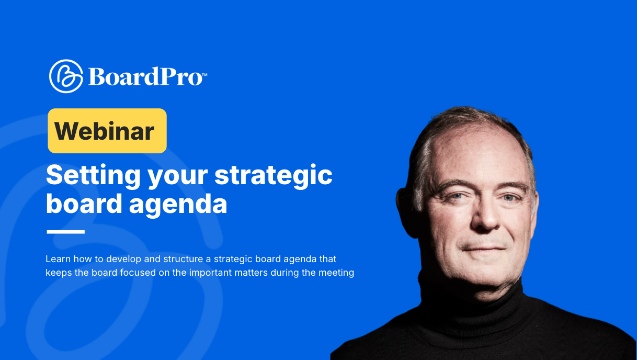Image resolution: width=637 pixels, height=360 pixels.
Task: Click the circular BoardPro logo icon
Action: point(66,76)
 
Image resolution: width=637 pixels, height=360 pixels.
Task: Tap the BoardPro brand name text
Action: point(145,76)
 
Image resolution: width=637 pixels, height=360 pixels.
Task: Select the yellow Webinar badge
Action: point(107,131)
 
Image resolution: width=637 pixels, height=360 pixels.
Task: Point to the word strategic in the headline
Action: point(274,175)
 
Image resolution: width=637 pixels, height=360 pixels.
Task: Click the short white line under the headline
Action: point(65,232)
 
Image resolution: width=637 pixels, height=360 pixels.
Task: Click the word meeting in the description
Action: point(337,273)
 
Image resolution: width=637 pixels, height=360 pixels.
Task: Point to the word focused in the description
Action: point(117,273)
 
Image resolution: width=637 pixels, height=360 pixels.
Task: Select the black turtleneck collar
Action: point(471,298)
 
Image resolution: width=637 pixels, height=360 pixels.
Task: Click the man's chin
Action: point(484,269)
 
